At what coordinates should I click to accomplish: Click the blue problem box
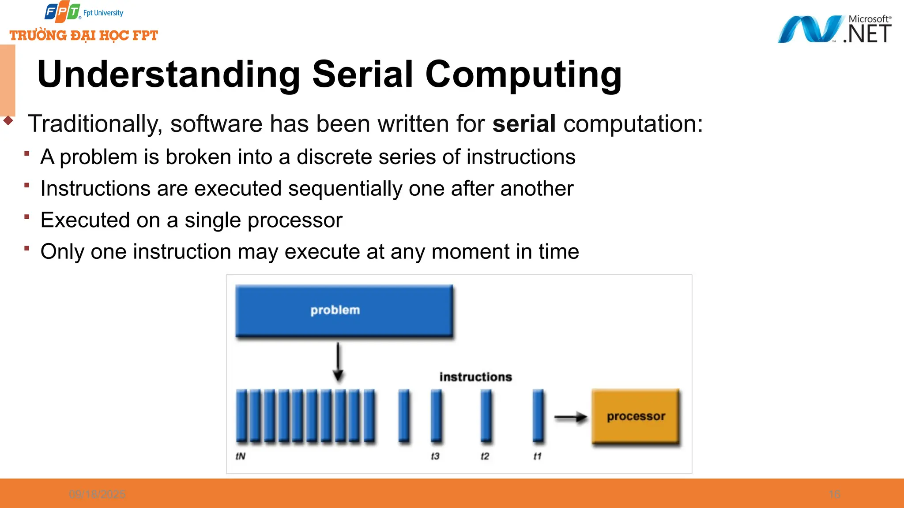(344, 310)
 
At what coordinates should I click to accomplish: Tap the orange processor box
(635, 416)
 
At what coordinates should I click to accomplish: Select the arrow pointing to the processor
(570, 417)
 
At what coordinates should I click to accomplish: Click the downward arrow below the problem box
(338, 362)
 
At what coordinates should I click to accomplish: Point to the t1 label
(537, 456)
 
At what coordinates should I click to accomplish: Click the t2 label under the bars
(485, 456)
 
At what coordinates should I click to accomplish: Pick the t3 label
(435, 456)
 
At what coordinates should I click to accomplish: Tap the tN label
(241, 456)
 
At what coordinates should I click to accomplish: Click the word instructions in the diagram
(475, 377)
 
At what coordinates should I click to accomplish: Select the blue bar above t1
(538, 415)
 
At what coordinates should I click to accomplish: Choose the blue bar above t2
(486, 415)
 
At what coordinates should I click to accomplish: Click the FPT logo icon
(62, 12)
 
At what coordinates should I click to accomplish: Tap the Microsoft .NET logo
(834, 29)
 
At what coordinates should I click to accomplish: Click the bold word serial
(524, 123)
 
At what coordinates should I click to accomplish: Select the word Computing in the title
(523, 74)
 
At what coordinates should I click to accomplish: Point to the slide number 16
(834, 494)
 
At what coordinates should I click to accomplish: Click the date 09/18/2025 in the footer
(97, 494)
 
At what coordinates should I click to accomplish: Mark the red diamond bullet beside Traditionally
(8, 120)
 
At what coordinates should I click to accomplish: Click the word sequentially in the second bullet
(345, 189)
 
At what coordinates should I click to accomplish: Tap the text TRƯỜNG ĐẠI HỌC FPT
(84, 35)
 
